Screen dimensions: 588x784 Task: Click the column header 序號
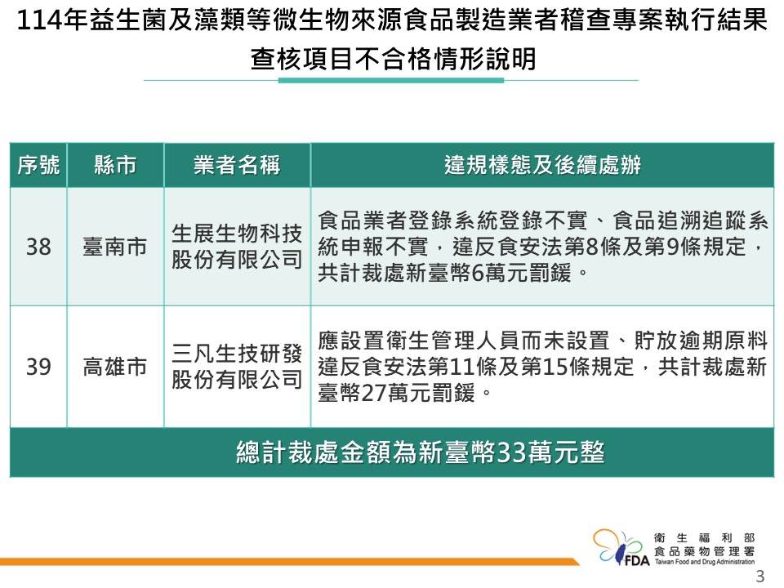click(x=38, y=166)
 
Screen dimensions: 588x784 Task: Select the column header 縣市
click(x=115, y=166)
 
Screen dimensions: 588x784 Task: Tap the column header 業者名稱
click(x=237, y=166)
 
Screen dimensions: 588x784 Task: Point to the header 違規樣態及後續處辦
click(x=542, y=166)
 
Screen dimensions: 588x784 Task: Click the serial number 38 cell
click(x=38, y=247)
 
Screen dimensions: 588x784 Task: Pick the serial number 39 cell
click(x=38, y=367)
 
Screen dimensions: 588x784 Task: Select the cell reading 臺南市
click(x=115, y=247)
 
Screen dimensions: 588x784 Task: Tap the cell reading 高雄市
click(x=115, y=367)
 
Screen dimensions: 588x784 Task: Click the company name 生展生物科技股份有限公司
click(x=237, y=247)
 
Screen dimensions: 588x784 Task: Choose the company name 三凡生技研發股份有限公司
click(x=237, y=367)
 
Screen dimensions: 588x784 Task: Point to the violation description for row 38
click(x=542, y=247)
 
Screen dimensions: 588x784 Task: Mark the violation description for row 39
click(x=542, y=367)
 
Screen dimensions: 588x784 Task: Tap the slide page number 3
click(x=760, y=577)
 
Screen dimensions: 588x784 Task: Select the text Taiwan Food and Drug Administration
click(x=704, y=563)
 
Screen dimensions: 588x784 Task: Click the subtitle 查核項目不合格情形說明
click(x=393, y=59)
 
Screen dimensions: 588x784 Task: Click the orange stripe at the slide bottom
click(x=286, y=562)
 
